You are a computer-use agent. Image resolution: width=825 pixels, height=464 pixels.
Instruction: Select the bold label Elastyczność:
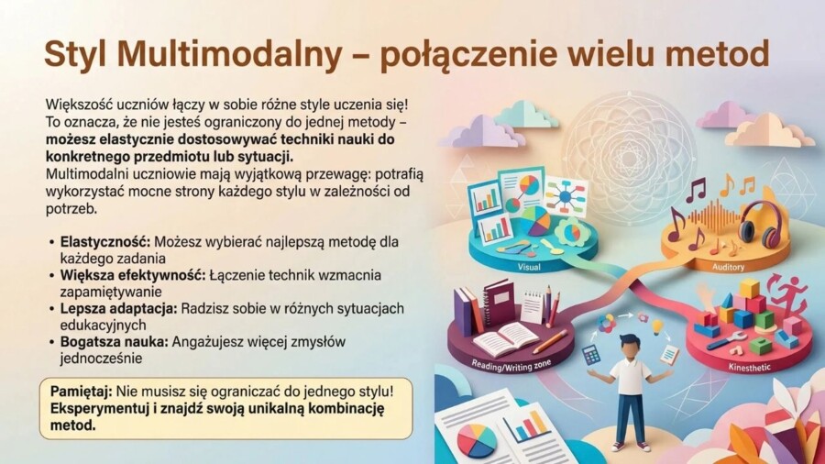pos(104,242)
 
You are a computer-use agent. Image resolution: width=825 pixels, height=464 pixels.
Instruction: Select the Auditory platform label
pos(729,267)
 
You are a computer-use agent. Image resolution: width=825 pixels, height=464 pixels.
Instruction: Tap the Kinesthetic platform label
pos(750,368)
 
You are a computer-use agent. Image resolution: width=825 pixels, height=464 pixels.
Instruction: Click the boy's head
pos(632,348)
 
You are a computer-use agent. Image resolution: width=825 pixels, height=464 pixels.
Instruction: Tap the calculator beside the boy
pos(591,354)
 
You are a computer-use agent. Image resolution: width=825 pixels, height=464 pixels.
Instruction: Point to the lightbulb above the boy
pos(656,327)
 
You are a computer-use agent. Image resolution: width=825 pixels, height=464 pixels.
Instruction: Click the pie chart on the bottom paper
pos(477,439)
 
